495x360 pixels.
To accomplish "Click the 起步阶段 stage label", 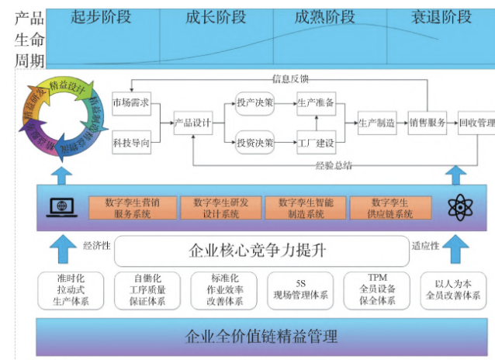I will [100, 16].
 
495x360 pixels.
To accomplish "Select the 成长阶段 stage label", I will [215, 16].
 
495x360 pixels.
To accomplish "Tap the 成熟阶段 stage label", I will [325, 16].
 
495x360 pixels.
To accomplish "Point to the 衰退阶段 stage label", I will [440, 16].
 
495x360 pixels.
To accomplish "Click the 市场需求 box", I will [130, 102].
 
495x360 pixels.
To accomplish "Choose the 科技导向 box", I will [130, 143].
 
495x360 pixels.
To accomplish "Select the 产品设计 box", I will [192, 123].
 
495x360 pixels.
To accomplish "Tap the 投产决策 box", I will [254, 102].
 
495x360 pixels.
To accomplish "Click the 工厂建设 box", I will [316, 143].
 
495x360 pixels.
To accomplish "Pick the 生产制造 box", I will [376, 123].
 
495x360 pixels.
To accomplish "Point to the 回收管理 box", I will [476, 123].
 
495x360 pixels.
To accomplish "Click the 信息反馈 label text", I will [290, 78].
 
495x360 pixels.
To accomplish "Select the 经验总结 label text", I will [334, 165].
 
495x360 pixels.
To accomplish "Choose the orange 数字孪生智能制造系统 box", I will [305, 207].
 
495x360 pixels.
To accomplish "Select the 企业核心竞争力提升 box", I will [259, 251].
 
